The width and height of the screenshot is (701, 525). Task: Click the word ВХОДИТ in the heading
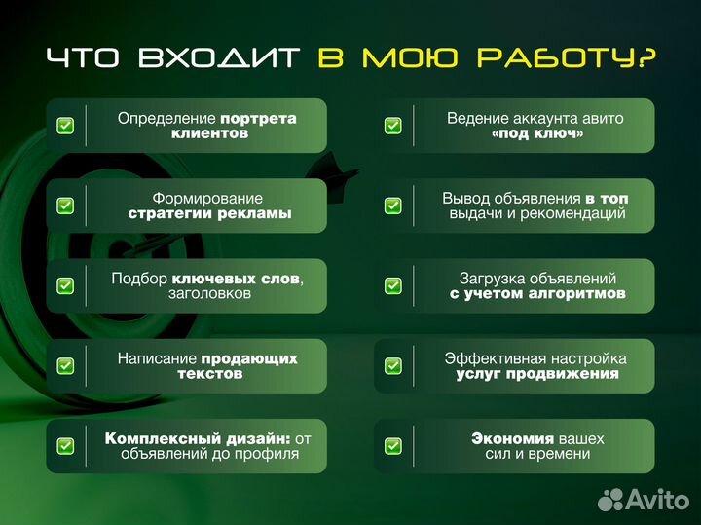219,57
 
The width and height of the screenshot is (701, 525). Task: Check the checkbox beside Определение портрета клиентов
65,126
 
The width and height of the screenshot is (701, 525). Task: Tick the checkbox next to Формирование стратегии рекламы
65,206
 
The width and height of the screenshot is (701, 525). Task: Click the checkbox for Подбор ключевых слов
65,285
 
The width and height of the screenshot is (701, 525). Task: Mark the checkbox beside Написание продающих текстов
65,366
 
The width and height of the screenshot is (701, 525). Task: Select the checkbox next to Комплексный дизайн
65,446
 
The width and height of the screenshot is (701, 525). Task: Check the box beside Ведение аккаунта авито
392,126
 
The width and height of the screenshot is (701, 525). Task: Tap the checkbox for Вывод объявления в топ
392,206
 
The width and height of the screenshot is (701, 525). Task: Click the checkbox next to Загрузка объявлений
392,285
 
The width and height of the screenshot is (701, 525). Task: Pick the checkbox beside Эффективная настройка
392,366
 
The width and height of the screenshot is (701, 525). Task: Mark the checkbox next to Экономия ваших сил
392,446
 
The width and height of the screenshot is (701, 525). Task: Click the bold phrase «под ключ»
537,133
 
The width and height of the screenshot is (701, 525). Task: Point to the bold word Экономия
512,438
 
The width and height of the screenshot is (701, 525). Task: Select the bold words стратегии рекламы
210,213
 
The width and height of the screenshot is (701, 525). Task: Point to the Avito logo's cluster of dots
609,499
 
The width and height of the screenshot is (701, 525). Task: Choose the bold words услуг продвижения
537,374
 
